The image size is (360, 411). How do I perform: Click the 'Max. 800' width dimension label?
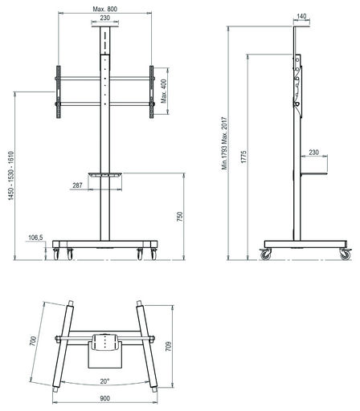coord(104,9)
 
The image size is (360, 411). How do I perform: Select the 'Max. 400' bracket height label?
coord(164,91)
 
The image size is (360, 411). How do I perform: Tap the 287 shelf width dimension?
coord(77,185)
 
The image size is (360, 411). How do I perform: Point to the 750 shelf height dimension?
coord(179,216)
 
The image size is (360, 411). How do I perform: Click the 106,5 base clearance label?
coord(35,238)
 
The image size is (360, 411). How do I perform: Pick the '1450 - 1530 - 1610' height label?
coord(10,176)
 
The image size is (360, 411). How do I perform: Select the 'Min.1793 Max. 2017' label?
coord(224,143)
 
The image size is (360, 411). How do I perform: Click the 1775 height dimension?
coord(243,157)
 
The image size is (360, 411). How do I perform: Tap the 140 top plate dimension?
coord(301,16)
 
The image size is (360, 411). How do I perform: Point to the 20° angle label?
coord(104,381)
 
